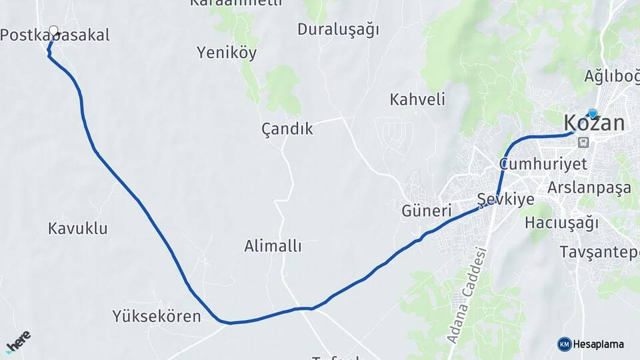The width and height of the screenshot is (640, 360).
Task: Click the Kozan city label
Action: pyautogui.click(x=594, y=123)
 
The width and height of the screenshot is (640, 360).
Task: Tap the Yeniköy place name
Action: pyautogui.click(x=227, y=53)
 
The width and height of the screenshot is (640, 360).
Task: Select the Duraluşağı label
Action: pyautogui.click(x=338, y=29)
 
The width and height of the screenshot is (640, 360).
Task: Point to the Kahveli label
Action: pyautogui.click(x=417, y=100)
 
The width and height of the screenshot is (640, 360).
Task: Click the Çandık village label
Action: pyautogui.click(x=287, y=129)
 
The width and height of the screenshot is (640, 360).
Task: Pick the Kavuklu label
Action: pyautogui.click(x=78, y=229)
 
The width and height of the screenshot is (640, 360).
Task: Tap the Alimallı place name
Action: pyautogui.click(x=273, y=247)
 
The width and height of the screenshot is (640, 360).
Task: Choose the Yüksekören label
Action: pyautogui.click(x=157, y=316)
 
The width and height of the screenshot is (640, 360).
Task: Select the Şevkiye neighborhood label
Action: pyautogui.click(x=506, y=200)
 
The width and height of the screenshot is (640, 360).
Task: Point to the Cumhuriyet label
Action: pyautogui.click(x=543, y=164)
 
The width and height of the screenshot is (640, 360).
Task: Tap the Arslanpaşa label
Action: pyautogui.click(x=589, y=187)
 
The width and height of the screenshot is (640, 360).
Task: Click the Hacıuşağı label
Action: pyautogui.click(x=561, y=223)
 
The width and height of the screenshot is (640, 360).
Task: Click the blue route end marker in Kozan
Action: pyautogui.click(x=592, y=113)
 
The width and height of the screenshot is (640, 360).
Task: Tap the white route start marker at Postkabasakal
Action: pyautogui.click(x=54, y=31)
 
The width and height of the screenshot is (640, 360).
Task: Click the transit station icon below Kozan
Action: pyautogui.click(x=584, y=142)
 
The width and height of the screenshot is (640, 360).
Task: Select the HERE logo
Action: pyautogui.click(x=18, y=341)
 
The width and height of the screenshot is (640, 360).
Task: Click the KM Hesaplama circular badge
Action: pyautogui.click(x=565, y=344)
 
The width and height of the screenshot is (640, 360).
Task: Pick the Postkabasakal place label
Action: pyautogui.click(x=55, y=36)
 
